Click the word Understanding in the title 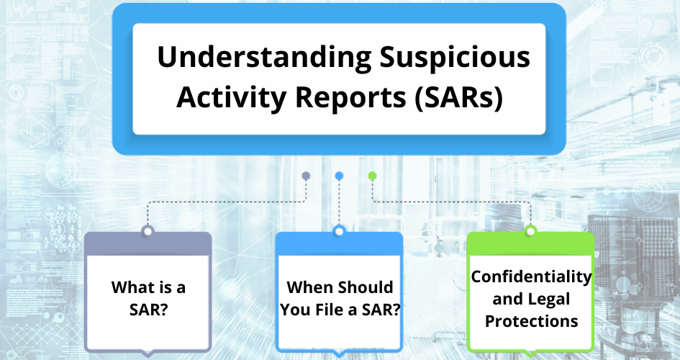tap(264, 58)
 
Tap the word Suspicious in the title tap(455, 58)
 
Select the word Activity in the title tap(231, 97)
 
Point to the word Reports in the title tap(350, 97)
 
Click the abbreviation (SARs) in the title tap(459, 97)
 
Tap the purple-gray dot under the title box tap(306, 176)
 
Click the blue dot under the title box tap(339, 176)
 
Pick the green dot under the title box tap(372, 176)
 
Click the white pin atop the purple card tap(148, 231)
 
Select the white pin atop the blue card tap(339, 231)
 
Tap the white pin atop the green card tap(530, 231)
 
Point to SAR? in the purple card tap(148, 310)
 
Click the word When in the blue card tap(310, 287)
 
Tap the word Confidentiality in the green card tap(531, 276)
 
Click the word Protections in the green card tap(531, 321)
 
